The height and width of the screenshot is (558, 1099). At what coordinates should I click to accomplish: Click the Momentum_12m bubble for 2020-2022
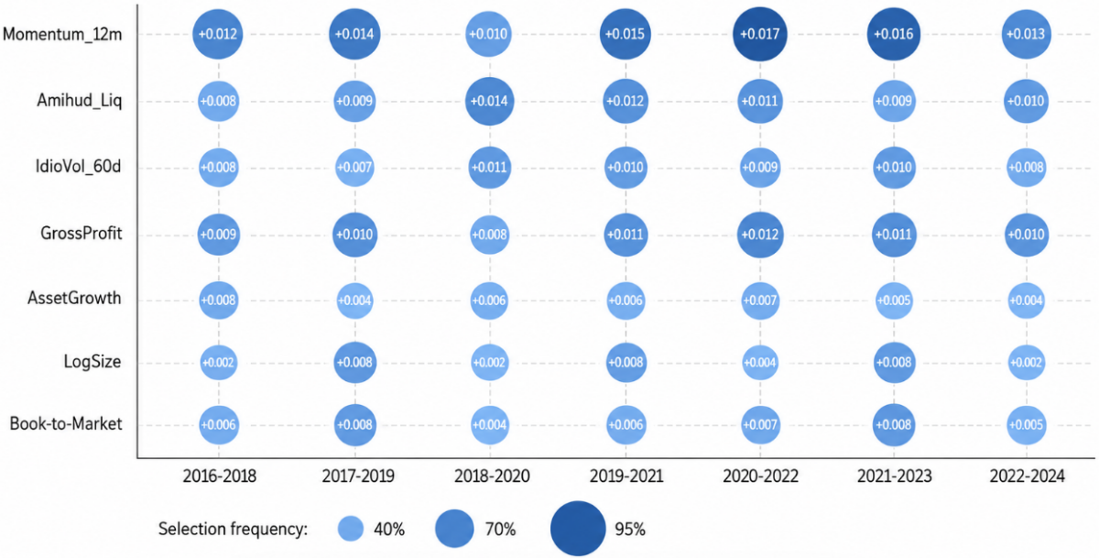click(x=759, y=34)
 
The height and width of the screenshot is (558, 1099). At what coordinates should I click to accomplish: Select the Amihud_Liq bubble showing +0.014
click(x=489, y=101)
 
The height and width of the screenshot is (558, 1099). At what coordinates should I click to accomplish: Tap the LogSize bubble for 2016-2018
click(x=218, y=363)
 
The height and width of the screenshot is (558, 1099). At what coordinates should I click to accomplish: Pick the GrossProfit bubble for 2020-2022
click(x=760, y=235)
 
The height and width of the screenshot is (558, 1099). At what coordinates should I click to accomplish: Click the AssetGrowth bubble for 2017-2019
click(x=354, y=301)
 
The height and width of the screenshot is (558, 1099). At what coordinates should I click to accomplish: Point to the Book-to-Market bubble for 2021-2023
click(x=894, y=425)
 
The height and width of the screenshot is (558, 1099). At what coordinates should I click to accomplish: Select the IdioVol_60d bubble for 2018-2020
click(x=490, y=168)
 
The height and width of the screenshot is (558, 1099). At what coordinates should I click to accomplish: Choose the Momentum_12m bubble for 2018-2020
click(x=488, y=34)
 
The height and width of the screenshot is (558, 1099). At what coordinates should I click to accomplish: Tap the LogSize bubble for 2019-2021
click(x=626, y=363)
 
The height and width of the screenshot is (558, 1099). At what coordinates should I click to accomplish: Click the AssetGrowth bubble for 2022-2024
click(x=1026, y=301)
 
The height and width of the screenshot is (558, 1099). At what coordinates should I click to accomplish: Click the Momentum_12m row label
click(x=62, y=34)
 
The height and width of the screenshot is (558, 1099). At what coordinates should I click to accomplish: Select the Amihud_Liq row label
click(x=79, y=101)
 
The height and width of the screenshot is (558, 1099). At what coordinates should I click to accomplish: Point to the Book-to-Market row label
click(x=66, y=423)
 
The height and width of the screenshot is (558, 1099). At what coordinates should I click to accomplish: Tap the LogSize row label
click(x=92, y=362)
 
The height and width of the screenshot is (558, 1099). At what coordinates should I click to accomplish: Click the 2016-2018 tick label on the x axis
click(x=219, y=476)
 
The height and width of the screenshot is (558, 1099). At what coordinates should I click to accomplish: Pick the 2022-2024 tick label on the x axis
click(x=1027, y=476)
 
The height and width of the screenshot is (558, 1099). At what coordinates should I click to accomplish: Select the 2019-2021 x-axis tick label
click(x=626, y=476)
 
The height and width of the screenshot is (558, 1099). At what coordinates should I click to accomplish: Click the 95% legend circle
click(x=578, y=529)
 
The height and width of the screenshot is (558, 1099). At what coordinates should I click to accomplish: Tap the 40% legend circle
click(x=351, y=529)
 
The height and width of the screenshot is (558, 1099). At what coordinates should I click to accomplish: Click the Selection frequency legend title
click(x=233, y=530)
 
